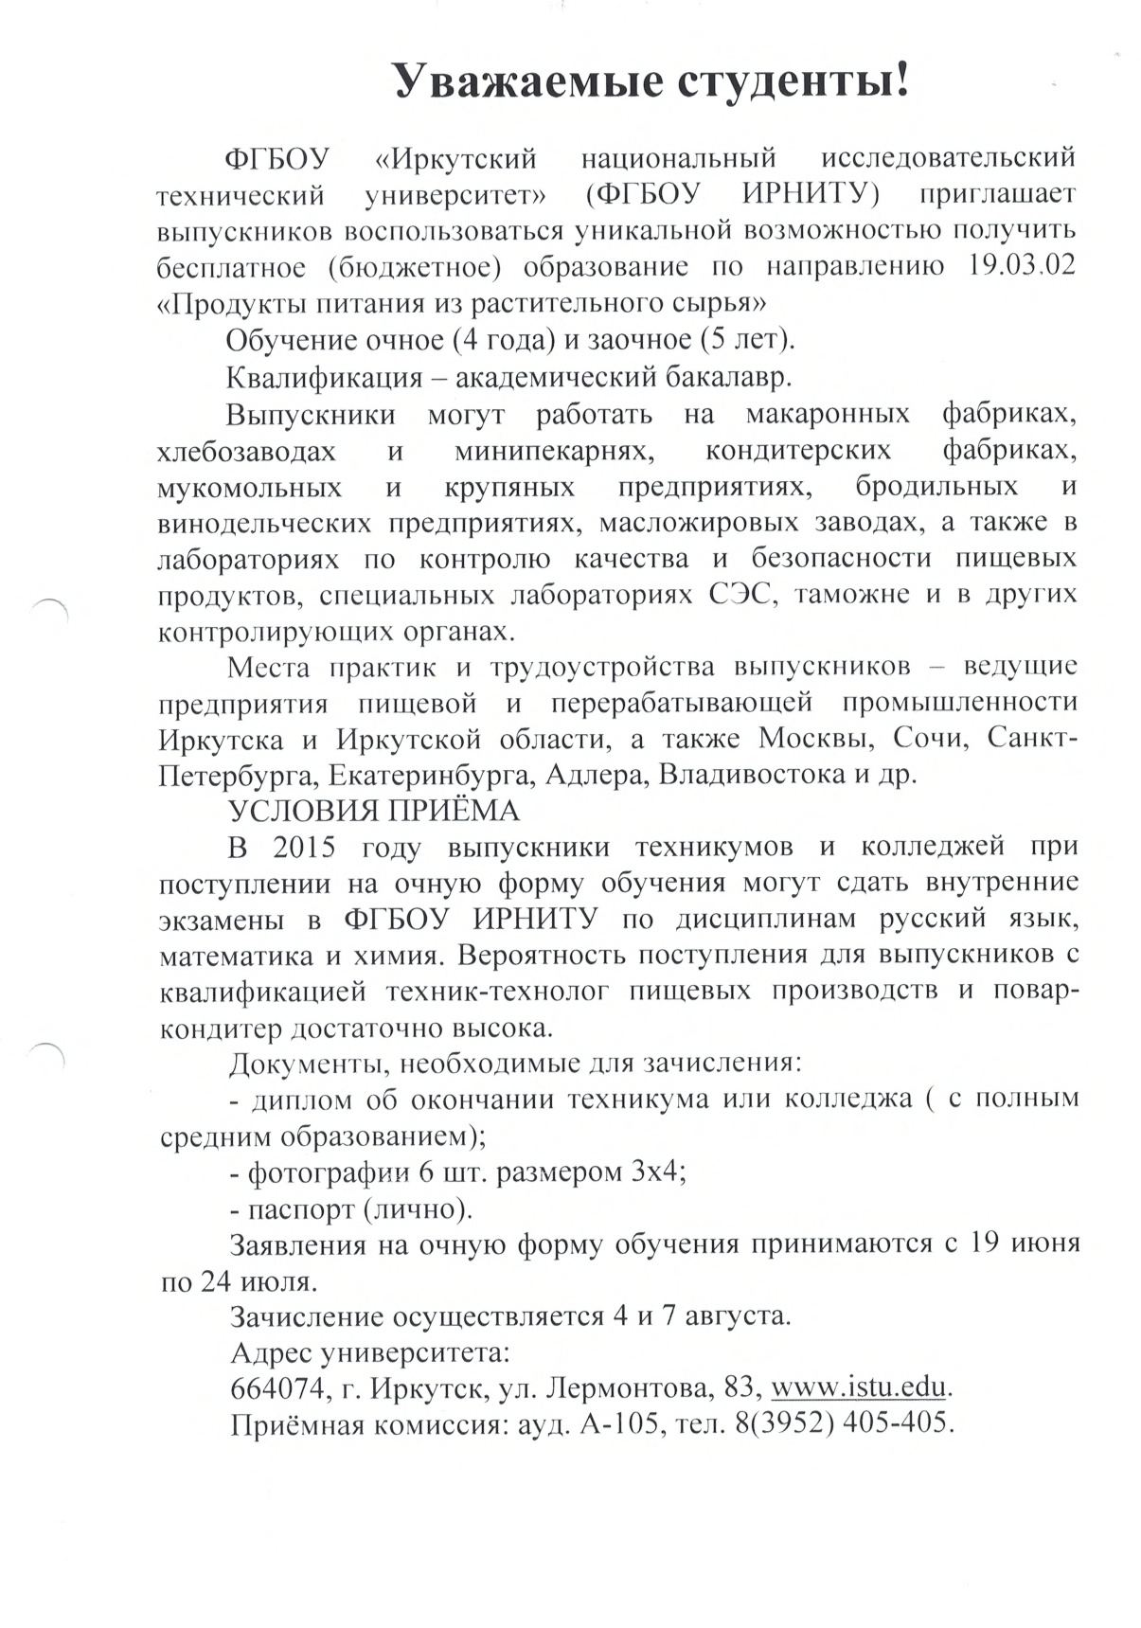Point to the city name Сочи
point(933,738)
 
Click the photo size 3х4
point(656,1172)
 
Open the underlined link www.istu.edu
point(860,1388)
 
